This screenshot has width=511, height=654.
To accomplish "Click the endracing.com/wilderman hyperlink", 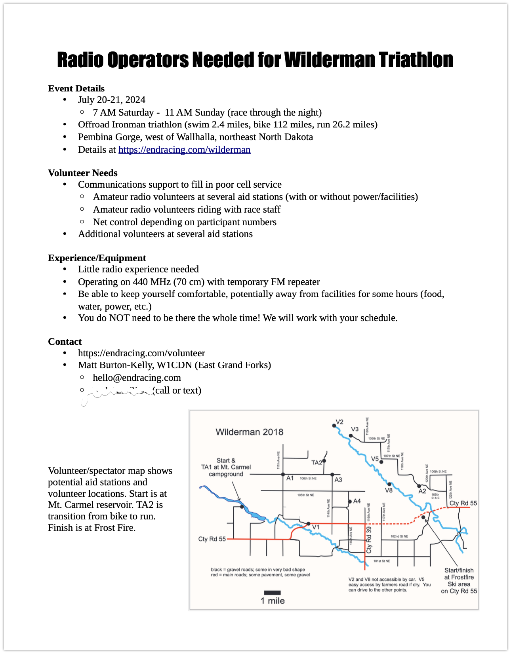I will (x=184, y=150).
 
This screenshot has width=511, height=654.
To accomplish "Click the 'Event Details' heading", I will (x=76, y=88).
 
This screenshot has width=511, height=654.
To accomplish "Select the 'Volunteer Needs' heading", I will (x=82, y=173).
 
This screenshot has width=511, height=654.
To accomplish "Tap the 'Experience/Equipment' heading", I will (x=97, y=258).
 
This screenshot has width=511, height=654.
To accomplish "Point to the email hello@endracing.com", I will (x=137, y=378).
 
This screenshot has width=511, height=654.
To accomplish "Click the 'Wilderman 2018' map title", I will (x=249, y=432).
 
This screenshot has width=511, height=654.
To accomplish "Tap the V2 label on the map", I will (x=339, y=422).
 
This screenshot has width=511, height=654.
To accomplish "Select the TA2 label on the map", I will (x=317, y=462).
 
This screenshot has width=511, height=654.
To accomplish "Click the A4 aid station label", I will (x=357, y=501).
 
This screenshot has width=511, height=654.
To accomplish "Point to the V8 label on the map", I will (x=389, y=491).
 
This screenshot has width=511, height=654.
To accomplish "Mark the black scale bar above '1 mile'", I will (x=272, y=593).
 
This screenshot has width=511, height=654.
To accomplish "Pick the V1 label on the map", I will (x=316, y=527).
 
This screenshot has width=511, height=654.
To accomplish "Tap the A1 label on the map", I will (x=290, y=478).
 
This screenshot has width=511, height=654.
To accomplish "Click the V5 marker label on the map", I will (x=375, y=459).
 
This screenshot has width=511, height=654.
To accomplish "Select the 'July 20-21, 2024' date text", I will (x=112, y=100).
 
